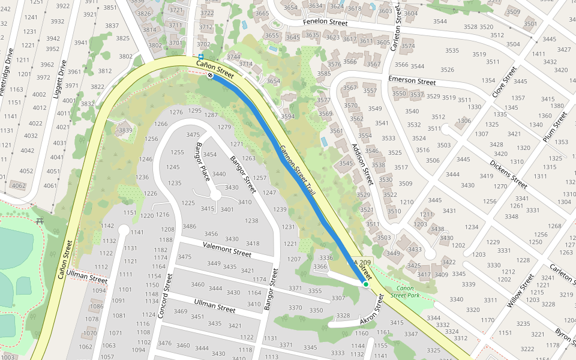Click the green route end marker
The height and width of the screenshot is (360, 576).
point(365,283)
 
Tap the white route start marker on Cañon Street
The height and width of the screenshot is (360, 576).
point(210,76)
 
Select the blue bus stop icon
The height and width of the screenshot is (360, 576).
point(200,57)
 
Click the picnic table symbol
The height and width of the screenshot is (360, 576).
point(40,221)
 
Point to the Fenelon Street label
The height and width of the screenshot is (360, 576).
point(325,23)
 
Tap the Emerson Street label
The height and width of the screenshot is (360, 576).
point(412,80)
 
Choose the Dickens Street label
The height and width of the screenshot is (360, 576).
point(508,173)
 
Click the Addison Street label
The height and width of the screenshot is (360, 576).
point(362,164)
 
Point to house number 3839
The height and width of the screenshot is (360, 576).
point(125,130)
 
